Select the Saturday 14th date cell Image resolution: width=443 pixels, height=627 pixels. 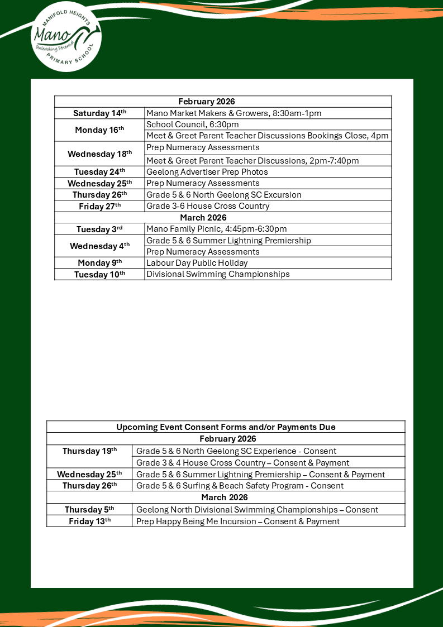[x=99, y=113]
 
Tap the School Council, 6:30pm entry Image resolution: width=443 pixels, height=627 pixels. [x=193, y=125]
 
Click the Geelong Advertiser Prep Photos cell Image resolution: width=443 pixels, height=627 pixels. [x=207, y=172]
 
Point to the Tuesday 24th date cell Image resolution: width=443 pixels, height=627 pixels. [x=99, y=172]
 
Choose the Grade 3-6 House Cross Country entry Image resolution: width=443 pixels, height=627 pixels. [x=208, y=206]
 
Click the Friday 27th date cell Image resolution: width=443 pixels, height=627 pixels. [x=99, y=206]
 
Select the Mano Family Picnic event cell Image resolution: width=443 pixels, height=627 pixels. [x=217, y=229]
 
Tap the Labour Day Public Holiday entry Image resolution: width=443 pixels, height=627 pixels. [x=197, y=263]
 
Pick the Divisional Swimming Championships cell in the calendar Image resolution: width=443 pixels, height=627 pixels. [x=218, y=274]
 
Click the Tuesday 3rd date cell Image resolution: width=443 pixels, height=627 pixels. [x=99, y=229]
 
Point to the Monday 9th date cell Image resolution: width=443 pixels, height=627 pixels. [x=99, y=263]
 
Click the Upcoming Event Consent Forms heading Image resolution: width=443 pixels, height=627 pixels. [x=226, y=427]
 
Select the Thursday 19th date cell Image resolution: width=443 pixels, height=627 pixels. [x=89, y=451]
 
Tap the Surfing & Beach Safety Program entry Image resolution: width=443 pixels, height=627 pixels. [x=240, y=486]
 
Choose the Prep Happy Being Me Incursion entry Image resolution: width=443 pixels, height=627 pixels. [x=238, y=521]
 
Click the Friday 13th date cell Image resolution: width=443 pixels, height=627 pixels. [x=89, y=521]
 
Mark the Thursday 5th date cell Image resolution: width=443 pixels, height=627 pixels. [x=89, y=510]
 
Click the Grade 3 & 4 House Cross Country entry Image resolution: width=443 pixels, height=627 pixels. [x=243, y=463]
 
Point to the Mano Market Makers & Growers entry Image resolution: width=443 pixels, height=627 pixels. [x=234, y=113]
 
